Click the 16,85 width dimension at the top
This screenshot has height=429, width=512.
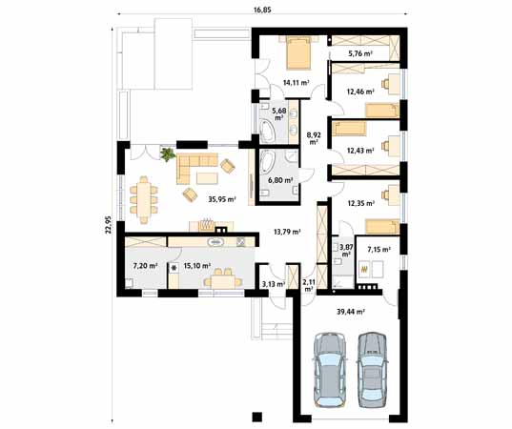point(262,10)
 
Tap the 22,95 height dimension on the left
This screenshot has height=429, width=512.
point(109,225)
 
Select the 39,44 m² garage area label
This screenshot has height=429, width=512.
point(351,312)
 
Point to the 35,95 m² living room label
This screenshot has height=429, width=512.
point(222,199)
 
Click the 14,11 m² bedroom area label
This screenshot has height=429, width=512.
point(297,83)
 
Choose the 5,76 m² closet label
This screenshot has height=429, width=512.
point(360,53)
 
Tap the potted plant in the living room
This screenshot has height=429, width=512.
point(168,154)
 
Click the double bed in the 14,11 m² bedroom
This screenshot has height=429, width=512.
point(298,52)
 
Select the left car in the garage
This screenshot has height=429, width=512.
point(330,370)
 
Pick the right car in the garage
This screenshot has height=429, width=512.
point(372,370)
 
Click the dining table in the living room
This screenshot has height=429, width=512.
point(144,199)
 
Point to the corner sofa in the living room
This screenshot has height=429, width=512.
point(194,166)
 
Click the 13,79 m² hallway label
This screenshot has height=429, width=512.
point(287,232)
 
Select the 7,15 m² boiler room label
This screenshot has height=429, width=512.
point(379,250)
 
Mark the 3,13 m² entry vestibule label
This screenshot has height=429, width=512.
point(274,284)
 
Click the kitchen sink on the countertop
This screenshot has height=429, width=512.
point(215,242)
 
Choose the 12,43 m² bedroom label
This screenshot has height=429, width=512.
point(360,151)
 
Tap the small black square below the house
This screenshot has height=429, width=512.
point(257,417)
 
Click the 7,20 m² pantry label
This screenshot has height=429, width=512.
point(145,266)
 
